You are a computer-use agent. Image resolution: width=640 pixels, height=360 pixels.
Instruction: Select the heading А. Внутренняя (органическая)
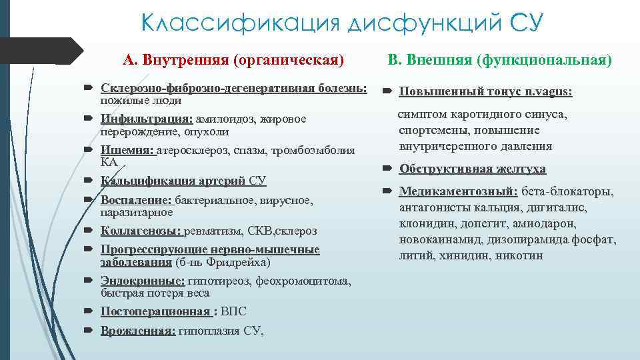(x=233, y=61)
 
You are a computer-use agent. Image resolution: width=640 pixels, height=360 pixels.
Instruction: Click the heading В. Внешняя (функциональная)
(x=499, y=61)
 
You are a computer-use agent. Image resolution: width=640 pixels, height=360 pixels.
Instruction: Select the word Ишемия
(x=127, y=150)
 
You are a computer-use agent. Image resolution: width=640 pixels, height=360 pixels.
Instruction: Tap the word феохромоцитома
(x=307, y=281)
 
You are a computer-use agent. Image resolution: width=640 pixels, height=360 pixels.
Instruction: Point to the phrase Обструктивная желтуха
(x=472, y=169)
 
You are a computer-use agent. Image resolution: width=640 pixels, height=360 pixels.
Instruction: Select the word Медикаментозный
(x=458, y=192)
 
